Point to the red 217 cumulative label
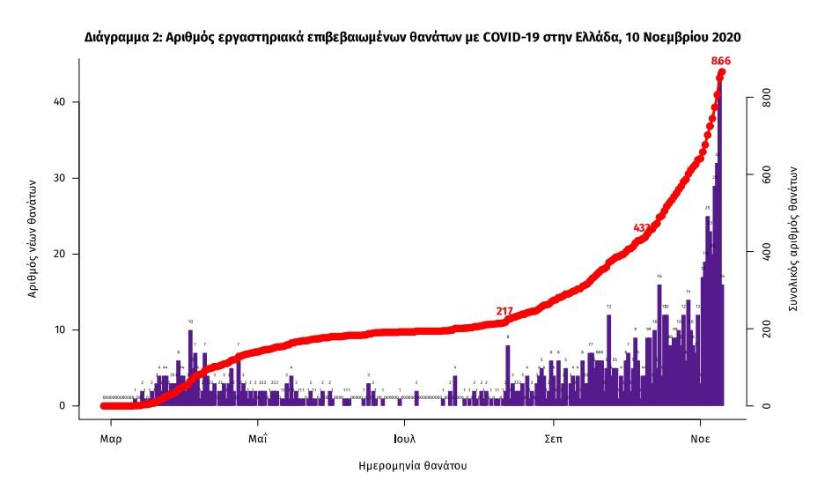pyautogui.click(x=504, y=311)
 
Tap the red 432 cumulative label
pyautogui.click(x=643, y=228)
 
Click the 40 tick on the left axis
pyautogui.click(x=62, y=102)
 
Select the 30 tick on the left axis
pyautogui.click(x=62, y=178)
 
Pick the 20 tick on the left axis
pyautogui.click(x=62, y=254)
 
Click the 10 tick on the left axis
pyautogui.click(x=62, y=329)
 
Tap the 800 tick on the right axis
pyautogui.click(x=767, y=102)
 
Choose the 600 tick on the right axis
pyautogui.click(x=767, y=178)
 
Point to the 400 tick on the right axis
pyautogui.click(x=767, y=254)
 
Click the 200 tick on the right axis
pyautogui.click(x=767, y=329)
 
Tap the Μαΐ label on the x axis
pyautogui.click(x=257, y=437)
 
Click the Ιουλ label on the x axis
pyautogui.click(x=405, y=437)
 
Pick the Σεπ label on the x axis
pyautogui.click(x=553, y=437)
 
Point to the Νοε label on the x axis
pyautogui.click(x=700, y=437)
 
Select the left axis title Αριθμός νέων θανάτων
pyautogui.click(x=33, y=239)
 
